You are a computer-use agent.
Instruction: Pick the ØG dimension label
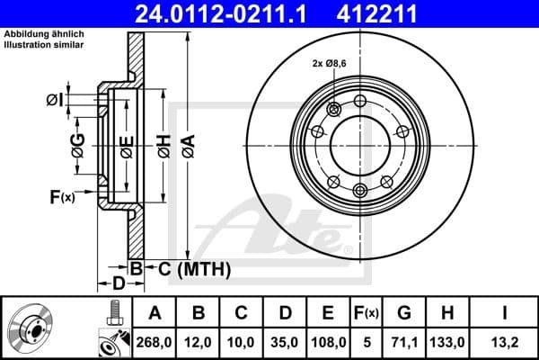[79, 141]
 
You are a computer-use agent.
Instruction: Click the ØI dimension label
[55, 99]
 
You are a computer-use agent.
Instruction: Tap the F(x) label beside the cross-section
[62, 196]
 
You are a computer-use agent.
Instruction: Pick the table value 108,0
[328, 341]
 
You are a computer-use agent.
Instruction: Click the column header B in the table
[199, 313]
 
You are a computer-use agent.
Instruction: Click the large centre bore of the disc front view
[359, 144]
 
